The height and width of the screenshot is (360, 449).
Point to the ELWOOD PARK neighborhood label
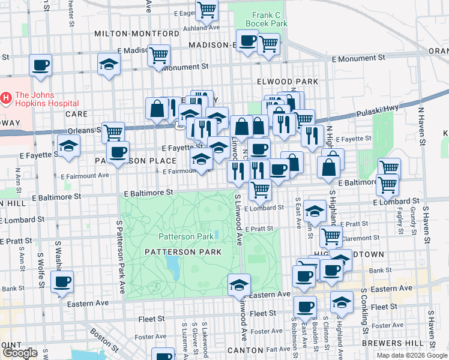pyautogui.click(x=286, y=81)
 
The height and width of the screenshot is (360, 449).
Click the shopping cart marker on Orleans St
pyautogui.click(x=112, y=131)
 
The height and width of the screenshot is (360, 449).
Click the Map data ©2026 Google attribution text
pyautogui.click(x=411, y=355)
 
